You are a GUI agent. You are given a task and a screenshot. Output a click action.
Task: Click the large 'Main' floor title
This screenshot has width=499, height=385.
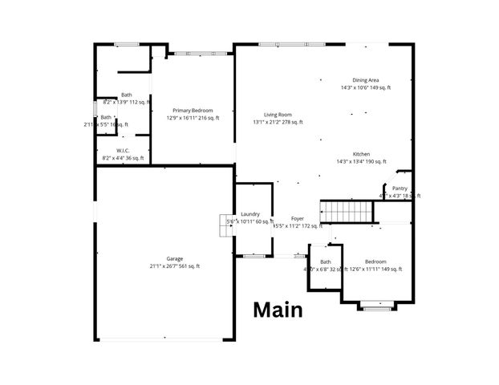(x=278, y=310)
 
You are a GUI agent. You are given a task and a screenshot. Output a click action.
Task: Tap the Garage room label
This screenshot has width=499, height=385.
(x=174, y=258)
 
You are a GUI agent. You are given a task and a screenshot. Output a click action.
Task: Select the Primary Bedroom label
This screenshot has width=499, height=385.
(x=193, y=110)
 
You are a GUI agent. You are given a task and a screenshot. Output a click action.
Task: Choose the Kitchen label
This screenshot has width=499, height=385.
(x=361, y=154)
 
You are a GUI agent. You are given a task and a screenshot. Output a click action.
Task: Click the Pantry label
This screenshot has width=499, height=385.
(x=399, y=188)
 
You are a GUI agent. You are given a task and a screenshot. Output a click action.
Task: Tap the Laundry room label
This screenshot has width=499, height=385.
(x=249, y=213)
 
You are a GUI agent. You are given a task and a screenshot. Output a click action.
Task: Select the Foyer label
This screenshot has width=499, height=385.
(x=297, y=218)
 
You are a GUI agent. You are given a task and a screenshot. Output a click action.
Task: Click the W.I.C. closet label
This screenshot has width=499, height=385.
(x=123, y=150)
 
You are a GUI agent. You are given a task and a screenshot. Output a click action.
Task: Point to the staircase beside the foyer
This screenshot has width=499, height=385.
(x=347, y=212)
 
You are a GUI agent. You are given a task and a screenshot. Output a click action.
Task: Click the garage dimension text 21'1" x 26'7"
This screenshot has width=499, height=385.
(x=174, y=265)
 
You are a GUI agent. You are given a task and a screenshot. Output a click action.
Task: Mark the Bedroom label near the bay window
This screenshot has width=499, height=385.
(x=375, y=261)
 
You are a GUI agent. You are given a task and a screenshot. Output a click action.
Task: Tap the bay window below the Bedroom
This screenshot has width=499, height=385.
(x=375, y=305)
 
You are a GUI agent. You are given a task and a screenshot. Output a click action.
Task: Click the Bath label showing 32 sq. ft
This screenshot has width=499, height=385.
(x=326, y=261)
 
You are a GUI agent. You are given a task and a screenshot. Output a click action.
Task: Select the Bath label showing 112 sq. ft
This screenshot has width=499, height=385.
(x=126, y=95)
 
